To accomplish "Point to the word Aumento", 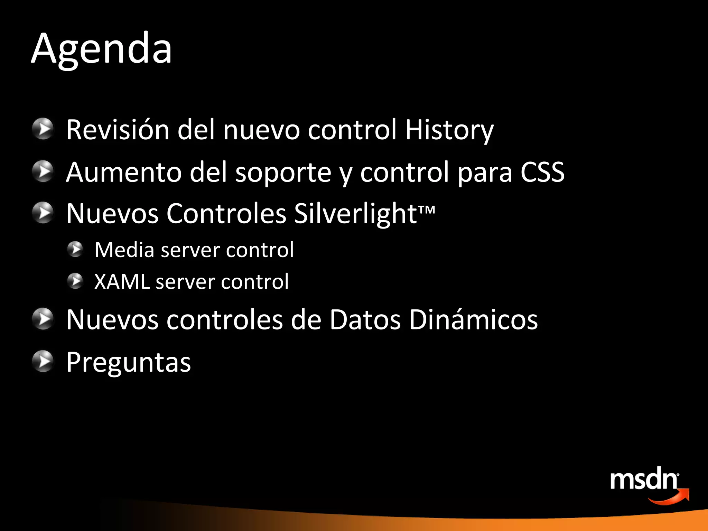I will pos(123,172).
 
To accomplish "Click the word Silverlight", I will pos(355,214).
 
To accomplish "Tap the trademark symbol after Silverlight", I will pos(427,209).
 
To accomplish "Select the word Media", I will pos(124,250).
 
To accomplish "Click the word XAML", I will pos(122,281).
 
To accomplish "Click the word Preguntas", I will pos(129,362).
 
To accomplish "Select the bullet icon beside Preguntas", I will pos(43,361).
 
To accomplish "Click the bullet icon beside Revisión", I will pos(43,129).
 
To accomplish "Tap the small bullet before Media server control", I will pos(75,249).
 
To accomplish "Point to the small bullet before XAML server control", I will pos(75,281).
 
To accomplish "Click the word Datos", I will pos(365,319).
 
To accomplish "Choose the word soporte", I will pos(283,173).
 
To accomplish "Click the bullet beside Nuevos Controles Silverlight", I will pos(43,213).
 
